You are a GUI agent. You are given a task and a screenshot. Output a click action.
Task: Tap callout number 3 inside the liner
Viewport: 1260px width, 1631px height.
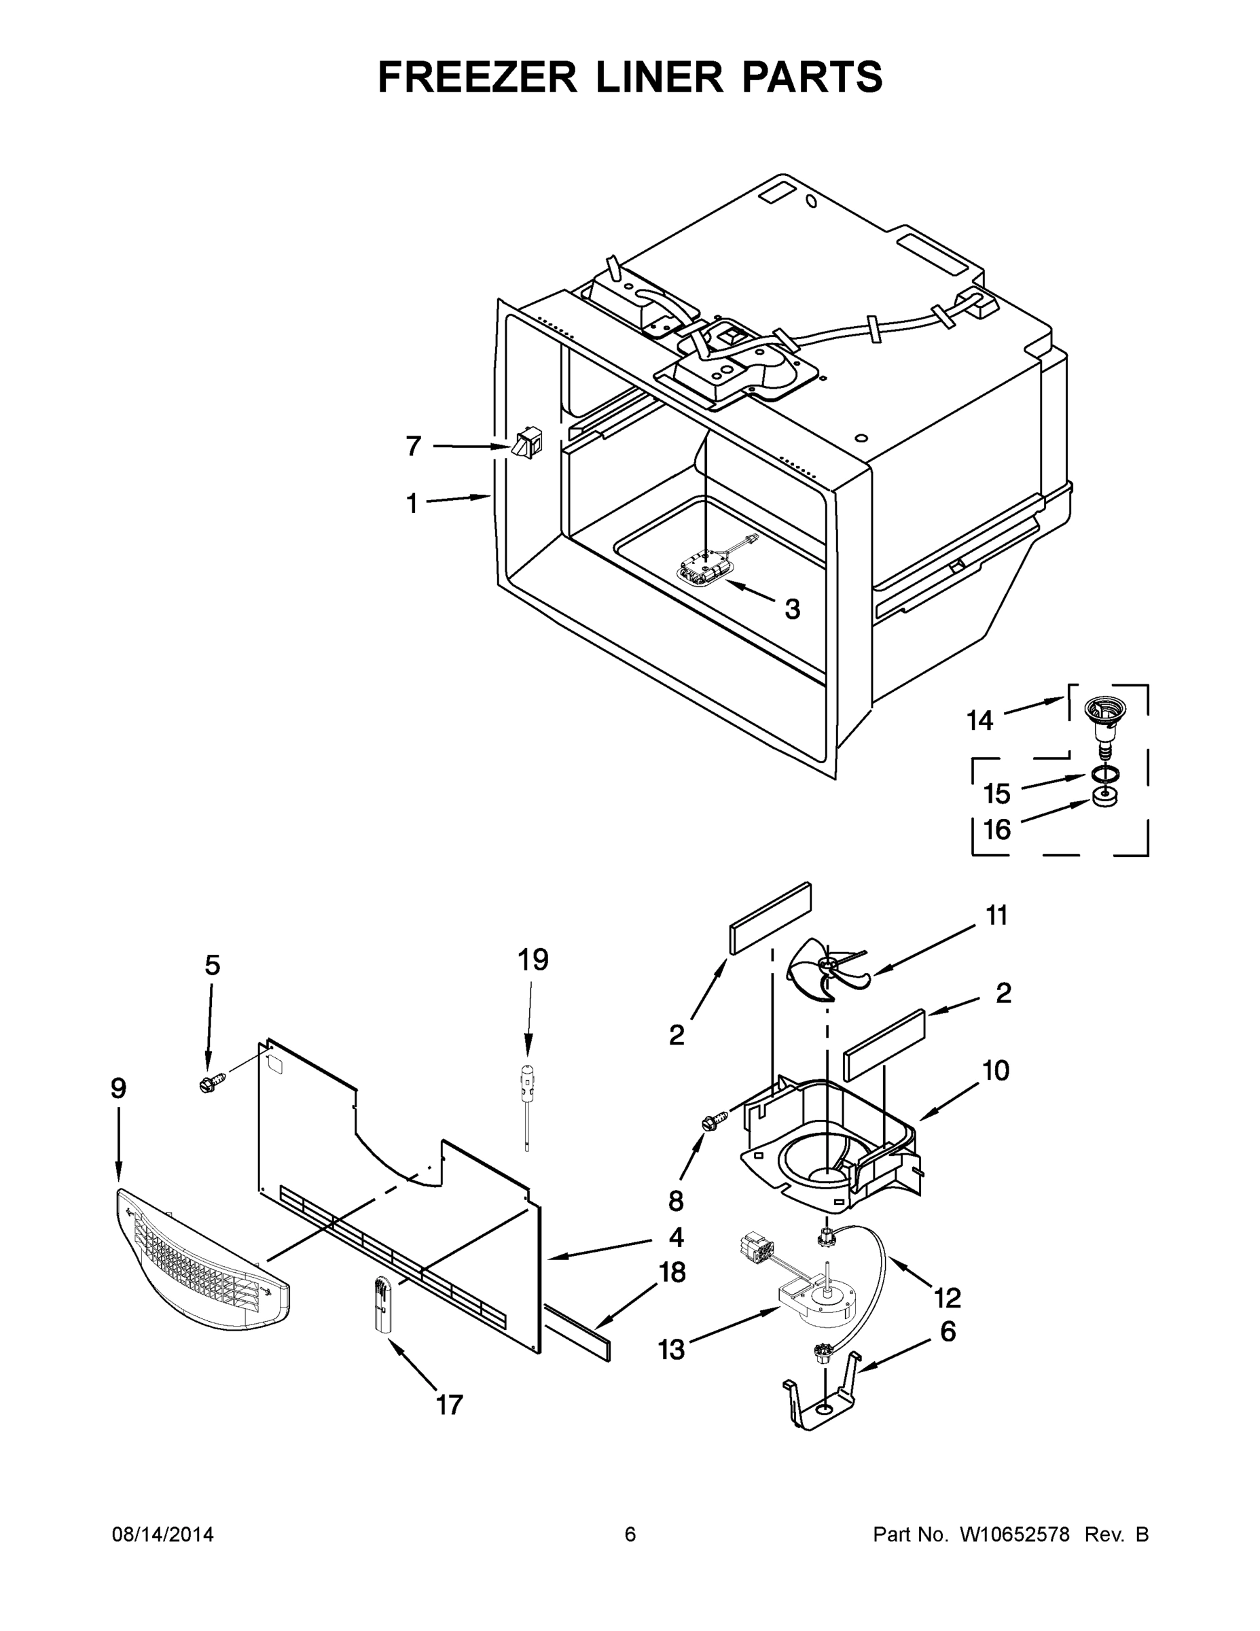pyautogui.click(x=792, y=610)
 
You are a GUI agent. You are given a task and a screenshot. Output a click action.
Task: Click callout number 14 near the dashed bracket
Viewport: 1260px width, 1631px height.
pyautogui.click(x=980, y=720)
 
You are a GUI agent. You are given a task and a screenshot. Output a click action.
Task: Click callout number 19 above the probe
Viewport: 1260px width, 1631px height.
pyautogui.click(x=533, y=960)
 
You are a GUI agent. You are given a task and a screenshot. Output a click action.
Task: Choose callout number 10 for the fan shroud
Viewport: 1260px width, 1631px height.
pyautogui.click(x=996, y=1070)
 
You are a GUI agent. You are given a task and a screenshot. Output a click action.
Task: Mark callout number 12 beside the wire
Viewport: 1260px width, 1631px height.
pyautogui.click(x=948, y=1298)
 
